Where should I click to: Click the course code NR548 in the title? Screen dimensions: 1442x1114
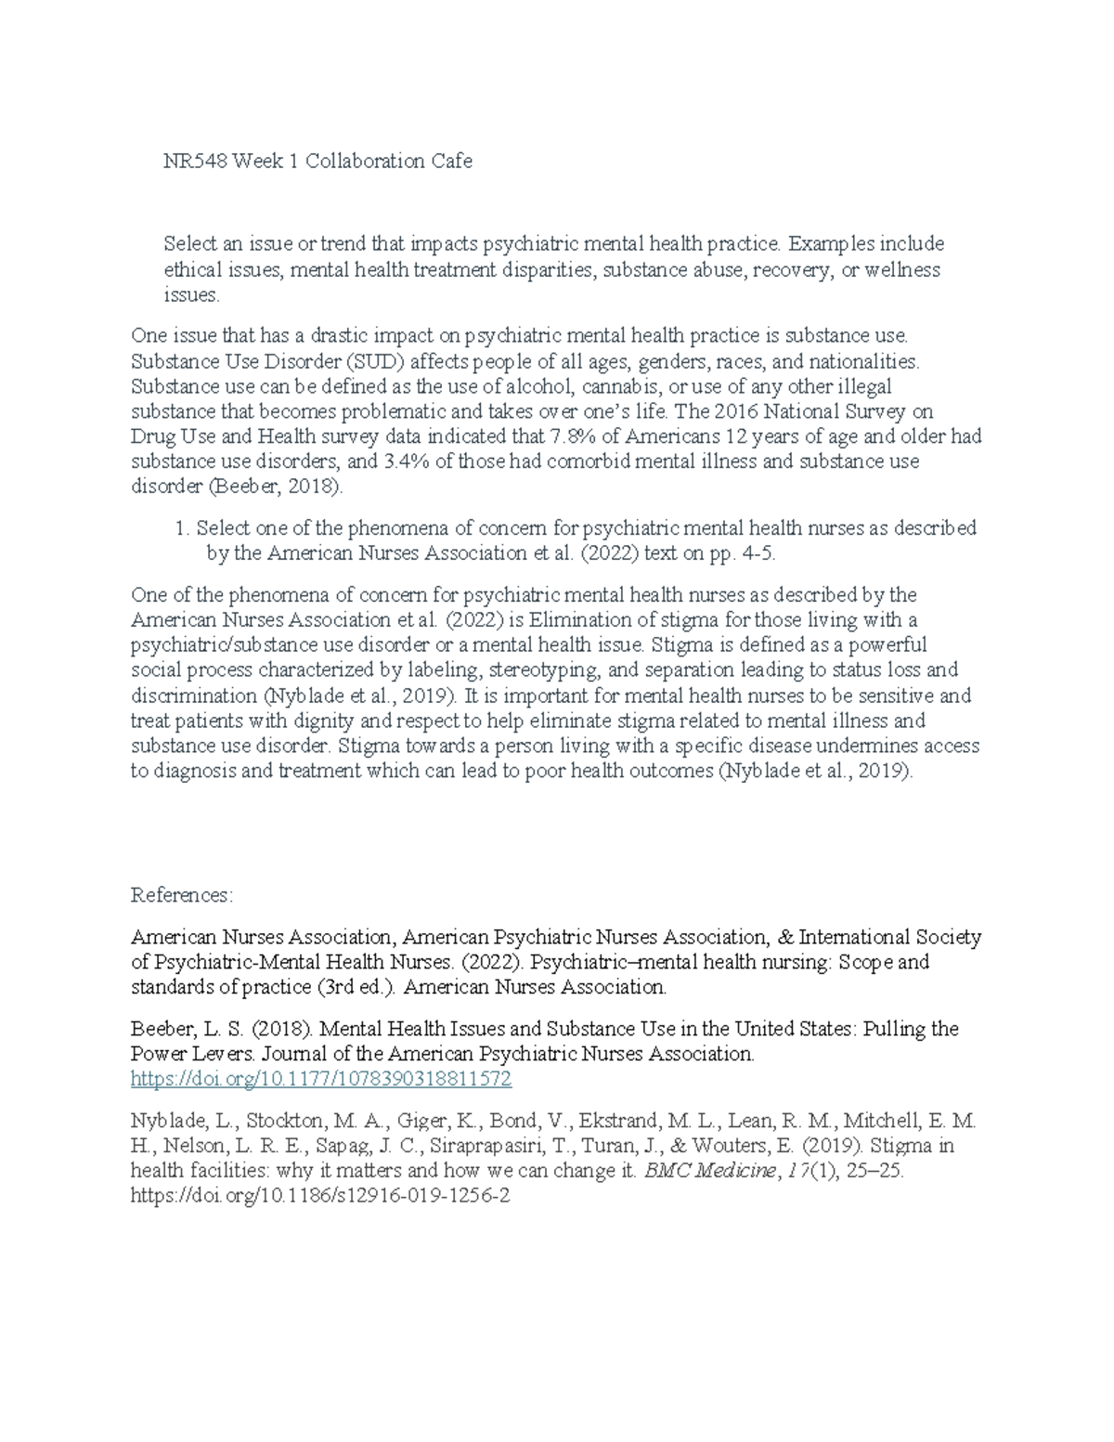(x=195, y=162)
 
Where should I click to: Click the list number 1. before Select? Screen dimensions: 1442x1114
(x=182, y=528)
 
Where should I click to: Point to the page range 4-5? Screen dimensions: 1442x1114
(x=752, y=553)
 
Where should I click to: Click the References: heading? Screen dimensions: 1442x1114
(x=182, y=895)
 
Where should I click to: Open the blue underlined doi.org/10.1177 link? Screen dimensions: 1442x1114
(x=321, y=1079)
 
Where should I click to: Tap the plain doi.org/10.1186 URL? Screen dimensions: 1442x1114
(x=321, y=1196)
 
